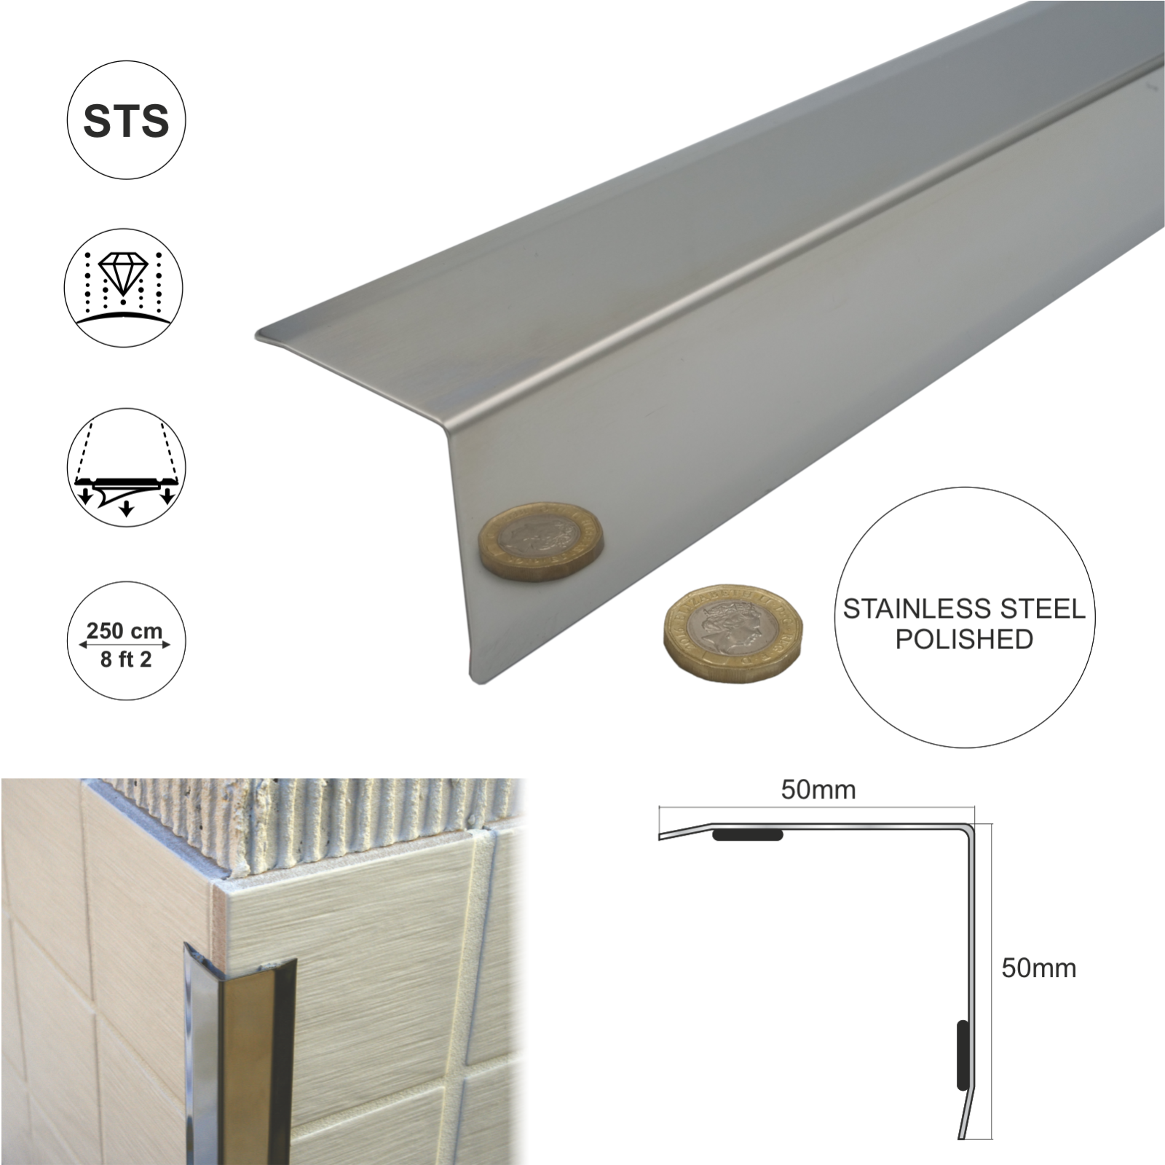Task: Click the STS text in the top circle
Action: [x=126, y=122]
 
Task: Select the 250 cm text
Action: [x=125, y=631]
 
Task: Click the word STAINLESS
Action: [x=901, y=609]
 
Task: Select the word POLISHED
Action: [x=964, y=640]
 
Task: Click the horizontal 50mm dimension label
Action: [x=818, y=790]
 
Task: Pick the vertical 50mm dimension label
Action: [x=1038, y=968]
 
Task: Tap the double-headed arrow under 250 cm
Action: [x=125, y=645]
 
